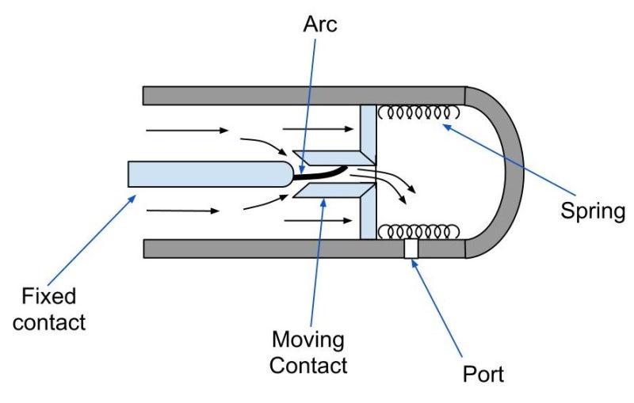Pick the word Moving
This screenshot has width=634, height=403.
[x=308, y=340]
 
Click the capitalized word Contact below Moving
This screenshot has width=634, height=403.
[x=308, y=365]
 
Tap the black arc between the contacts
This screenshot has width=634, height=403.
[x=325, y=170]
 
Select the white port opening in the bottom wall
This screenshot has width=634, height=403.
[x=411, y=249]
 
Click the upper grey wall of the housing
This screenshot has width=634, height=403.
[x=301, y=96]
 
